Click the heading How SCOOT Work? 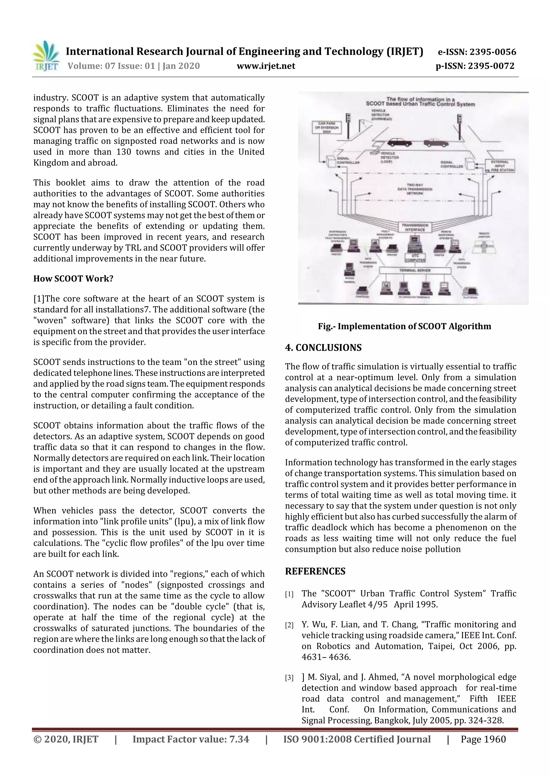pyautogui.click(x=73, y=278)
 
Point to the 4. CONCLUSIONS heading pyautogui.click(x=323, y=348)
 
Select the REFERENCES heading pyautogui.click(x=315, y=571)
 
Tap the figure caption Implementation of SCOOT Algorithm pyautogui.click(x=404, y=326)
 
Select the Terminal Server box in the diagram pyautogui.click(x=415, y=270)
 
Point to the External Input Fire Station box pyautogui.click(x=500, y=166)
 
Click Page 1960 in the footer pyautogui.click(x=483, y=739)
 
